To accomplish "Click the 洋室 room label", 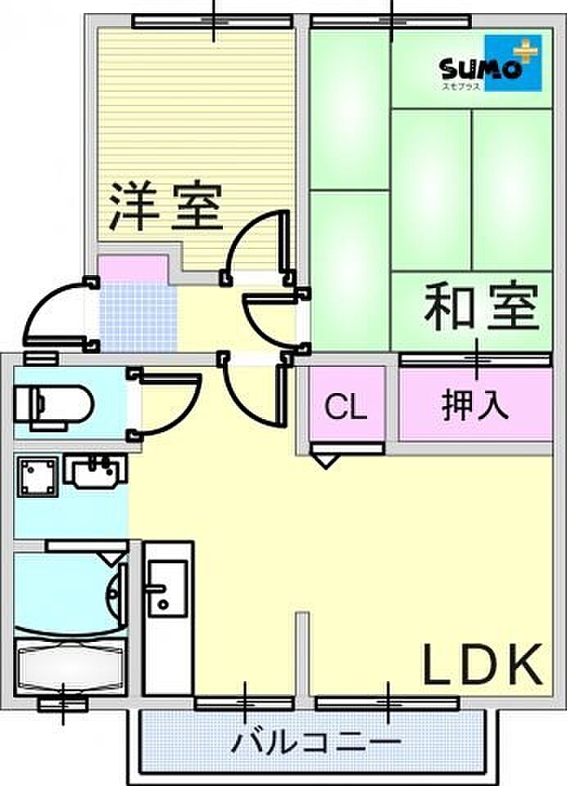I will pyautogui.click(x=167, y=206).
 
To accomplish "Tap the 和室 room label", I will pyautogui.click(x=481, y=307).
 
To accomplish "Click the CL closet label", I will pyautogui.click(x=347, y=407).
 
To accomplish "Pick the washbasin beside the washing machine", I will pyautogui.click(x=96, y=472).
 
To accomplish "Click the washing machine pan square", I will pyautogui.click(x=37, y=476).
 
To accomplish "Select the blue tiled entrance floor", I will pyautogui.click(x=138, y=315).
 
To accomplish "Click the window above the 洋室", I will pyautogui.click(x=214, y=21).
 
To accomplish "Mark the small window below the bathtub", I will pyautogui.click(x=63, y=703).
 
